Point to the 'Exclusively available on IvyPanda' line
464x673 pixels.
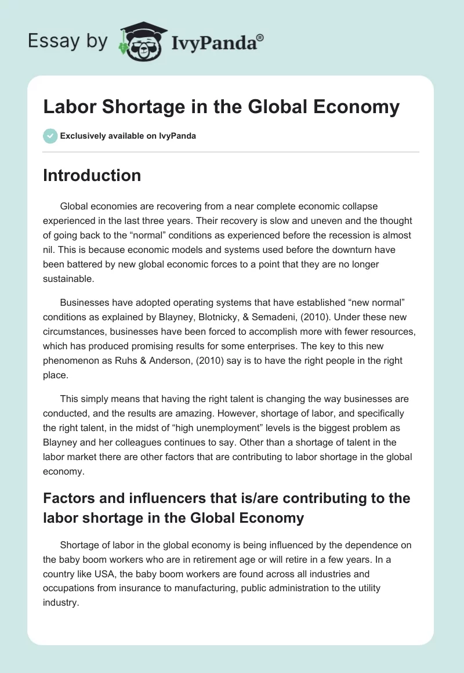pos(128,136)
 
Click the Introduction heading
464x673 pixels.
pos(92,175)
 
